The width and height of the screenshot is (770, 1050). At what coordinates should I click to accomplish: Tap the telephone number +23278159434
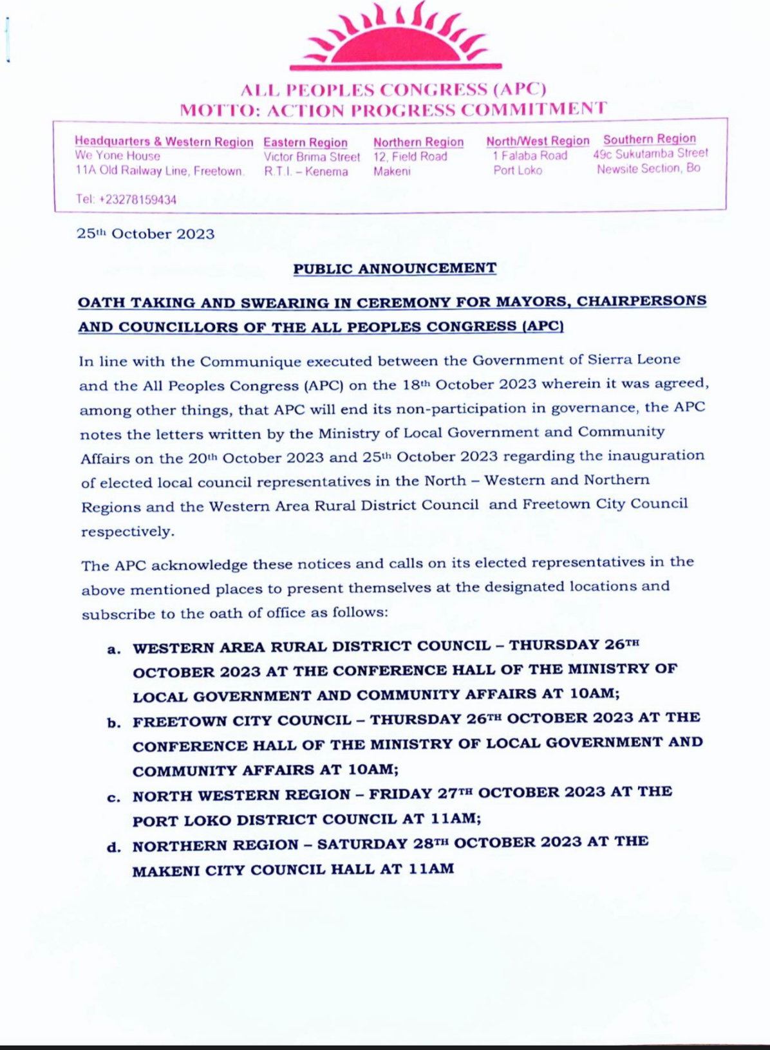tap(126, 200)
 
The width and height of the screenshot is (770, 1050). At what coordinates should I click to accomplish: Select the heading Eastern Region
tap(305, 142)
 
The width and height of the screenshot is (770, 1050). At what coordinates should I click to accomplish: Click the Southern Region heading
tap(649, 138)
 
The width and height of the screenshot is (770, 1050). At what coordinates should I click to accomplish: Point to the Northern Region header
tap(418, 142)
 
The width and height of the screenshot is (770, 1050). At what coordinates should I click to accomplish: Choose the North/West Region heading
tap(538, 140)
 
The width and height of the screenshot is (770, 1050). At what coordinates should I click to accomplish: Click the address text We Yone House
tap(118, 156)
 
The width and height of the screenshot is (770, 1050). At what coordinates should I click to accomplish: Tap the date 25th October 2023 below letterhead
tap(146, 234)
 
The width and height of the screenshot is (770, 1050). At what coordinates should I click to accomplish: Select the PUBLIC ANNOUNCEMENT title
tap(395, 268)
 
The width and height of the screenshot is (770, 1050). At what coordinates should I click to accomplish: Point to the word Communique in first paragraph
tap(244, 360)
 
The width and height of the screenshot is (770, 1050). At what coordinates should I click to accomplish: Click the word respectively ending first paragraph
tap(127, 532)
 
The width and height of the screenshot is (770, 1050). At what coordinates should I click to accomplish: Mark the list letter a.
tap(114, 649)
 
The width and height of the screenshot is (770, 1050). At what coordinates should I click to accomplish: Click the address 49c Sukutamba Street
tap(650, 153)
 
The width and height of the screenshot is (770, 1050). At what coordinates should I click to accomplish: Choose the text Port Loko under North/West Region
tap(518, 171)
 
